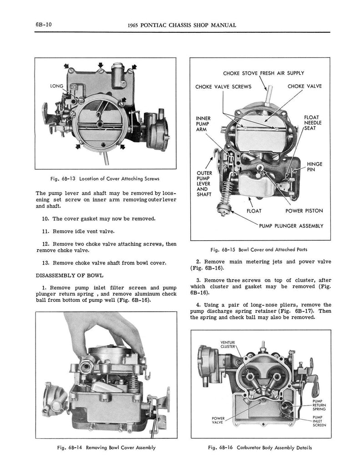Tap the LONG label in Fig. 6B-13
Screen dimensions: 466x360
(57, 86)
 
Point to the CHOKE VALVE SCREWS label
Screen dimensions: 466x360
(223, 87)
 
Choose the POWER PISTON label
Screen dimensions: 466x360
(304, 211)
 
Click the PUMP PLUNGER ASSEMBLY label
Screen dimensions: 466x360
(291, 226)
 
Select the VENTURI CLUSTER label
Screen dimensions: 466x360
(227, 344)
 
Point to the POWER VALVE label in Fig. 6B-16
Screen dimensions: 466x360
(218, 420)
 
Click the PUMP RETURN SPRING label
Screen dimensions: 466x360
(319, 405)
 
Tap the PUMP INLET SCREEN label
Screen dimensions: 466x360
(319, 420)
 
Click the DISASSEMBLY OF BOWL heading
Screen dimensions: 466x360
(69, 275)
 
